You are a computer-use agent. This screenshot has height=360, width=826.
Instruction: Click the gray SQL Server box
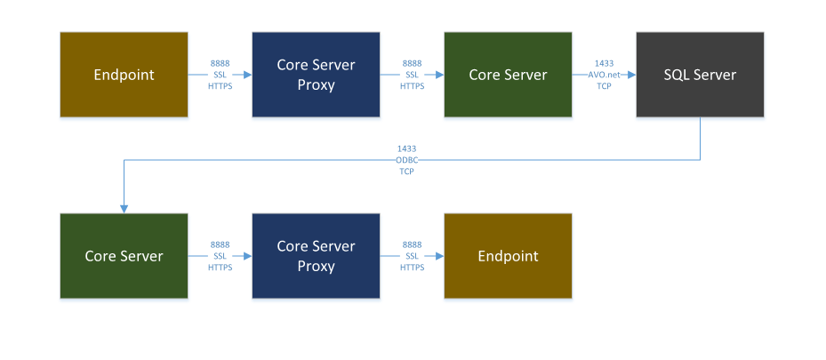[700, 75]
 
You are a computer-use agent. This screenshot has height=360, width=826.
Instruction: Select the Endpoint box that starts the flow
[124, 75]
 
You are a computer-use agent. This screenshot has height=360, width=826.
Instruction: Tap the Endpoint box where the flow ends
[508, 256]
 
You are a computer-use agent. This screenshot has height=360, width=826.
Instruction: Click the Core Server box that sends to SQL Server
[508, 75]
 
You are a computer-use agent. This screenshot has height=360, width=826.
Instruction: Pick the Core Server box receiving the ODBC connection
[124, 256]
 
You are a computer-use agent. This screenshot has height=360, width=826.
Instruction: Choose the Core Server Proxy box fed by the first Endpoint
[316, 75]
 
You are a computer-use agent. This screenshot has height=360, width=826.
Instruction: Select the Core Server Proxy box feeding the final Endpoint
[316, 256]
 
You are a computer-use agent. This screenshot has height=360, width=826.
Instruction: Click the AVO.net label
[604, 76]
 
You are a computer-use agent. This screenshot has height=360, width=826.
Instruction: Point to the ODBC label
[406, 160]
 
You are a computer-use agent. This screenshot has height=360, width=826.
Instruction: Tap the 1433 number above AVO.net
[604, 64]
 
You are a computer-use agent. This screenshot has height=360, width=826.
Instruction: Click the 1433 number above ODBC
[406, 148]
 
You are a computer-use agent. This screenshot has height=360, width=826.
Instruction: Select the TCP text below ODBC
[406, 171]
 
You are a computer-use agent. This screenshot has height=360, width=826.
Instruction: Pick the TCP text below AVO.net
[604, 86]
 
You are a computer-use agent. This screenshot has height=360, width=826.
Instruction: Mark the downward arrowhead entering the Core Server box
[124, 208]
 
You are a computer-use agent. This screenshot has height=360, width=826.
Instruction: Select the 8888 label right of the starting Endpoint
[220, 64]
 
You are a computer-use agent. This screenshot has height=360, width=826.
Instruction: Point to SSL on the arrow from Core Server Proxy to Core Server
[412, 76]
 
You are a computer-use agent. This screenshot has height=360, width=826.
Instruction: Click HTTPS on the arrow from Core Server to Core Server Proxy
[220, 268]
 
